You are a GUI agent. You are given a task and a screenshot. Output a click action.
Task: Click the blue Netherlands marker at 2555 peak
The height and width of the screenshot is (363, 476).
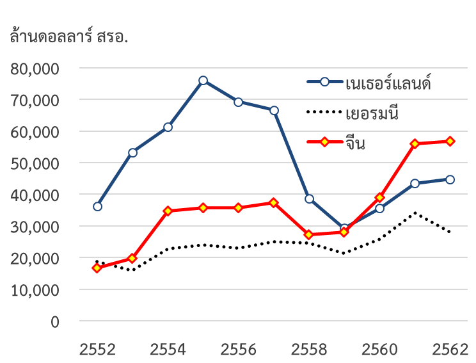tap(203, 80)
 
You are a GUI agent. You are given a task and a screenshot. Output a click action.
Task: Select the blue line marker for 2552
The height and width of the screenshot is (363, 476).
tap(97, 206)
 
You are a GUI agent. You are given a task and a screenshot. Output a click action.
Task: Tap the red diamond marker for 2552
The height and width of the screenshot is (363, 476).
tap(97, 268)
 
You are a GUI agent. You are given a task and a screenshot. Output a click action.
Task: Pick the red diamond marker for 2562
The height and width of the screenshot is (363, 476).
tap(450, 141)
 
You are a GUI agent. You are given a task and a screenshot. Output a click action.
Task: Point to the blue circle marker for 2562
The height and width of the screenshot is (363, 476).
tap(450, 179)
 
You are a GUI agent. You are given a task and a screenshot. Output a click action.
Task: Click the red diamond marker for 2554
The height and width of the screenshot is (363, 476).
tap(168, 211)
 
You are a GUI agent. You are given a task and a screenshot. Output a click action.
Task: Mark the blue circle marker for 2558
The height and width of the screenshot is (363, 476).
tap(309, 198)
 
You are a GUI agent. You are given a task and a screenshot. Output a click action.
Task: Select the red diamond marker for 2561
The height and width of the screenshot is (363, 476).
tap(415, 143)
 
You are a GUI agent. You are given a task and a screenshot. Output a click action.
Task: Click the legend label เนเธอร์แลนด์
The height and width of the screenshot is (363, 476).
tap(388, 83)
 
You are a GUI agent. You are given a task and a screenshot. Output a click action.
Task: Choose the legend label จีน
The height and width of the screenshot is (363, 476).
tap(355, 143)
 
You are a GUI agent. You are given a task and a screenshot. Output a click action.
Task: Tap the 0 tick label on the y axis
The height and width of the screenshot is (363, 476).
tap(55, 321)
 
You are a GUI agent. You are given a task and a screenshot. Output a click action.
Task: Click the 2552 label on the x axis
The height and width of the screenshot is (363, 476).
tap(97, 350)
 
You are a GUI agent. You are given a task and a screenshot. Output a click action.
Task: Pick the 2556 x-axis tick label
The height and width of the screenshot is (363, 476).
tap(238, 350)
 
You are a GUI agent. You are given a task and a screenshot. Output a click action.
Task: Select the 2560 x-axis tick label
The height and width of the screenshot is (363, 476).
tap(379, 350)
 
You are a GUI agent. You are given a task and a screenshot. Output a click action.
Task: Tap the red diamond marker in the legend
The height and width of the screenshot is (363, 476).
tap(324, 141)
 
